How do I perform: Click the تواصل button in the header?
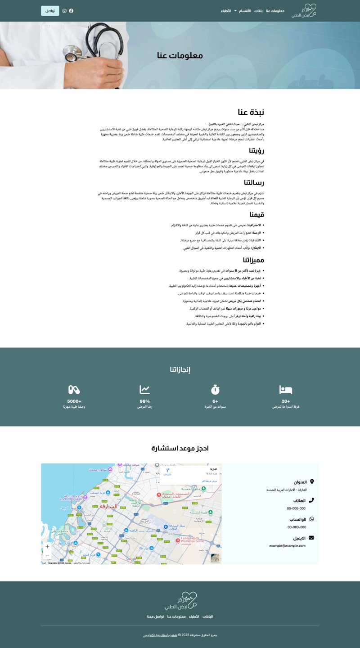pos(50,11)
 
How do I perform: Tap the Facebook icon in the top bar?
pos(71,11)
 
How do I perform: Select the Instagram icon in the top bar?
pos(64,11)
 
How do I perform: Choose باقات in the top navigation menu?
pos(259,11)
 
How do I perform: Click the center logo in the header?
pos(304,11)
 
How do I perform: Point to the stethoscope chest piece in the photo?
pos(71,57)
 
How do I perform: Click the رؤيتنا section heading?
pos(256,151)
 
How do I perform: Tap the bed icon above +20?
pos(286,390)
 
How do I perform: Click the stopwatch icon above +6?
pos(215,390)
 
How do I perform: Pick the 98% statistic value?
pos(144,401)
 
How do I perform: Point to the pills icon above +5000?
pos(74,390)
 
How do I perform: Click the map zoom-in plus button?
pos(47,547)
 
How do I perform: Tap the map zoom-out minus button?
pos(47,555)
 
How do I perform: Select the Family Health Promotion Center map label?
pos(192,540)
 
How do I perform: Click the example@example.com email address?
pos(287,546)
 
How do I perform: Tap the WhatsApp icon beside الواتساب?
pos(311,519)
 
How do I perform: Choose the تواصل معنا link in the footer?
pos(155,616)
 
